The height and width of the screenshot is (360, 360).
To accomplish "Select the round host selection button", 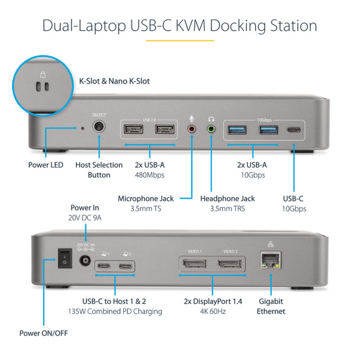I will click(99, 127).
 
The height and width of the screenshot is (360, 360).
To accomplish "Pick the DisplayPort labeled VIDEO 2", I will click(229, 262).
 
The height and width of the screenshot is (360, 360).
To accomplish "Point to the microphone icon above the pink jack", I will click(191, 118).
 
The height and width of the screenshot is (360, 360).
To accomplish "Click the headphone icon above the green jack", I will click(211, 118).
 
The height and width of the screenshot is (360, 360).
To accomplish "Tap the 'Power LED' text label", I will click(45, 165).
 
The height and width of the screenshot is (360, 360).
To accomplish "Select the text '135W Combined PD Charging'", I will click(121, 311).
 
